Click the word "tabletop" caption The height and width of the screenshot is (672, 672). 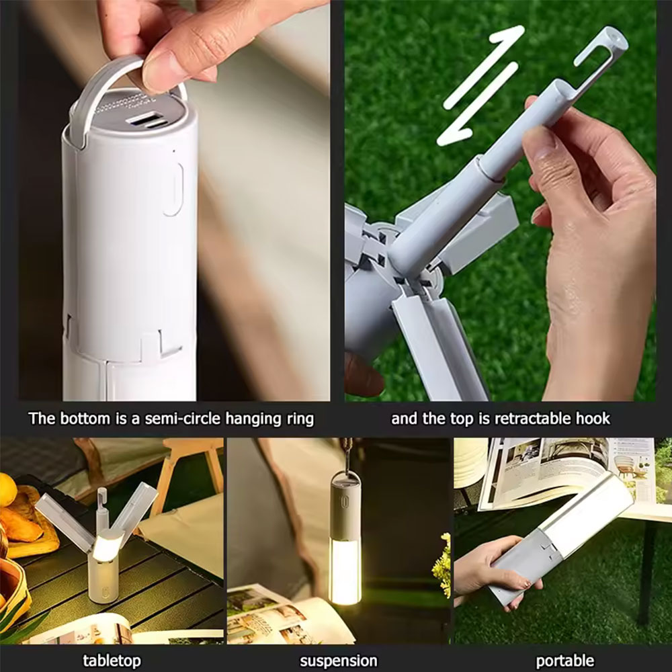[x=112, y=661]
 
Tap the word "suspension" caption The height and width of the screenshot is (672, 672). [x=339, y=661]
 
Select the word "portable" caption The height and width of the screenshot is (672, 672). [x=565, y=661]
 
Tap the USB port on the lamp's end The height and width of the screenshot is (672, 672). [x=142, y=118]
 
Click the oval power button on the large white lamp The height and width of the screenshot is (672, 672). [x=173, y=189]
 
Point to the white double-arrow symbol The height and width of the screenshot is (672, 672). [x=480, y=85]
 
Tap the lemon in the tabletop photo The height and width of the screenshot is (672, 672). [x=7, y=489]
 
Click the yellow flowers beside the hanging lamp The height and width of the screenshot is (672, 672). [x=442, y=565]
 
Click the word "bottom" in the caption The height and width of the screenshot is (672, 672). [x=85, y=418]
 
